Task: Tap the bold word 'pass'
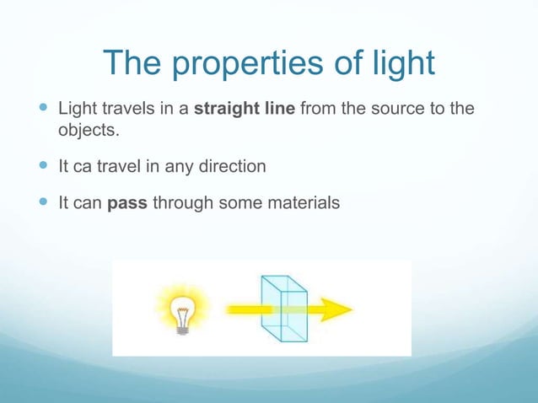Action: (x=128, y=203)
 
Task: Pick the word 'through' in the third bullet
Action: (x=181, y=203)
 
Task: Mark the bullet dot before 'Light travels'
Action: (x=43, y=110)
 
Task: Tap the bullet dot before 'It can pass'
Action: (x=43, y=203)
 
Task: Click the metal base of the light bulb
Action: (x=181, y=328)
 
